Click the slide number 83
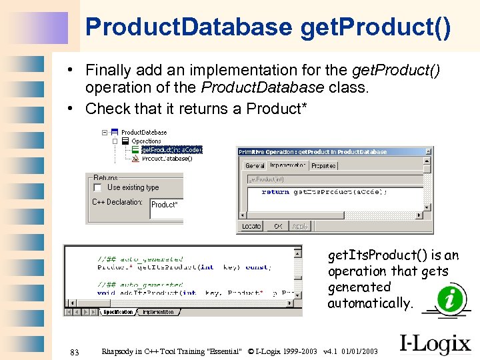[74, 352]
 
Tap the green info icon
[453, 298]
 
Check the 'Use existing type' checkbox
[98, 188]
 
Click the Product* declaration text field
[166, 205]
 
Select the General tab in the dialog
[255, 165]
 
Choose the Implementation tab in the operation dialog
[287, 165]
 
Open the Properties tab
[323, 165]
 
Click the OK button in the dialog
[278, 227]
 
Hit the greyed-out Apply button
[300, 227]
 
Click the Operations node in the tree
[146, 141]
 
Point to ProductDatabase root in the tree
[144, 133]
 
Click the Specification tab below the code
[117, 312]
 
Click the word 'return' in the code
[275, 192]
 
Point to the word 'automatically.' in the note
[370, 303]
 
